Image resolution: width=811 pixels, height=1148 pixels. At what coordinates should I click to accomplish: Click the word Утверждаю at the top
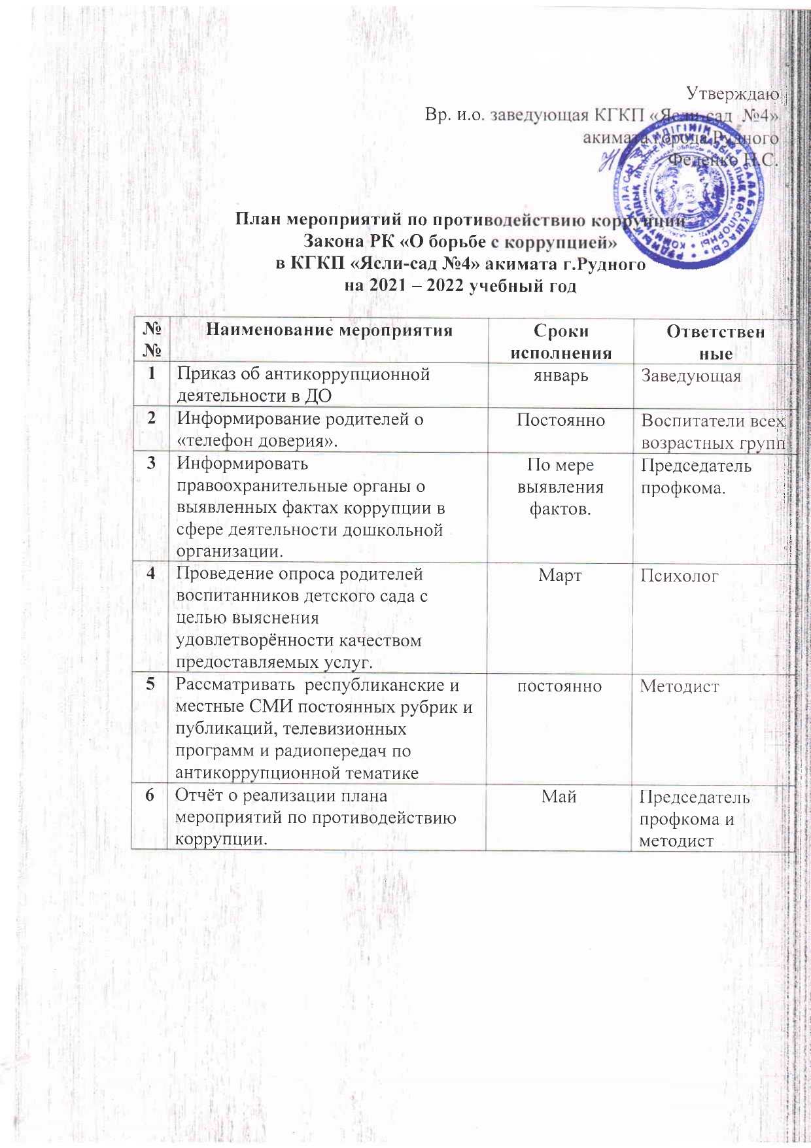pyautogui.click(x=732, y=94)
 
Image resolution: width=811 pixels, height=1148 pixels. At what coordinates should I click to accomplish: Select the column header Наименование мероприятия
pyautogui.click(x=330, y=330)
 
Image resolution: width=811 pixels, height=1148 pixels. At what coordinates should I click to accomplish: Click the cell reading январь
pyautogui.click(x=561, y=375)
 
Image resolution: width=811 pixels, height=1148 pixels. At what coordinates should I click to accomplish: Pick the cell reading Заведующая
pyautogui.click(x=691, y=376)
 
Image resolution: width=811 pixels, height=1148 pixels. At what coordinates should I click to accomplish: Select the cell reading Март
pyautogui.click(x=561, y=575)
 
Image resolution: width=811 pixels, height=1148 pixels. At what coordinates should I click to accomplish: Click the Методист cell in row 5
pyautogui.click(x=679, y=686)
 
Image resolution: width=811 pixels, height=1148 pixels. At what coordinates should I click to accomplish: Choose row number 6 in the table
pyautogui.click(x=151, y=795)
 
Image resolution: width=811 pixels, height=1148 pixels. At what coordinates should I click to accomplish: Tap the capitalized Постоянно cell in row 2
pyautogui.click(x=561, y=420)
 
